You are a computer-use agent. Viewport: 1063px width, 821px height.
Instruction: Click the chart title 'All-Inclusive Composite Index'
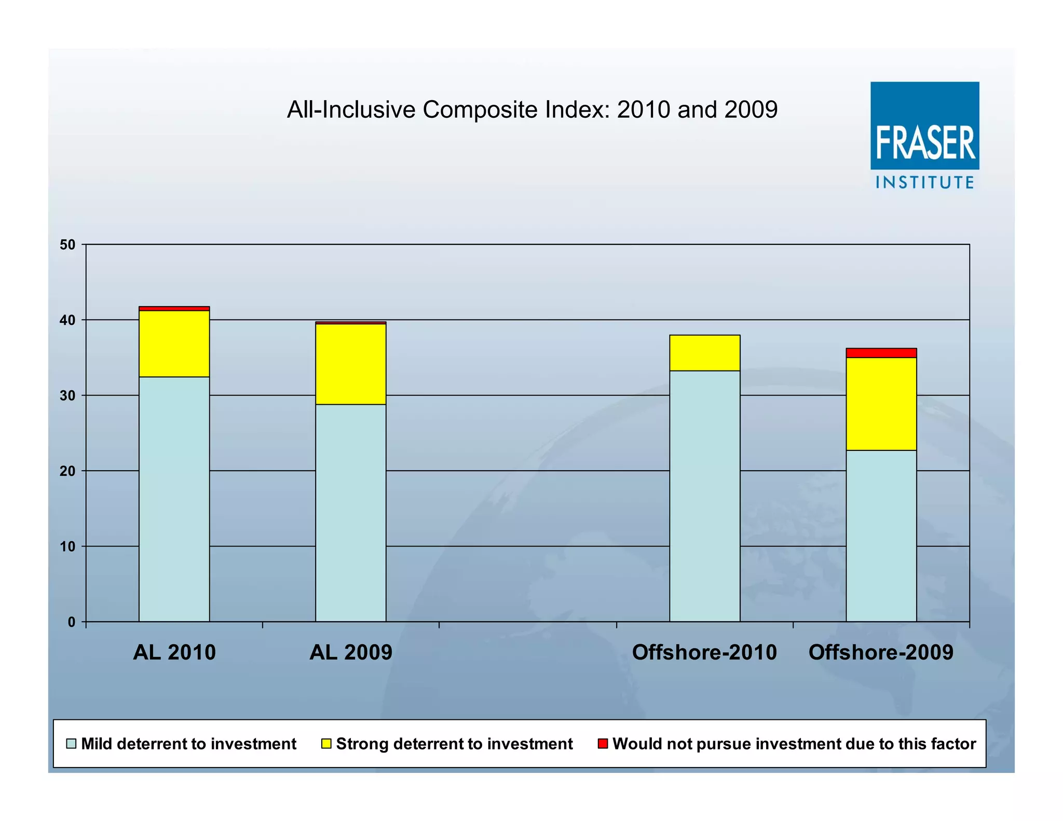[x=532, y=110]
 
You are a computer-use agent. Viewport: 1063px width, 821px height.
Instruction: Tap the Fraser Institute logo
[x=924, y=135]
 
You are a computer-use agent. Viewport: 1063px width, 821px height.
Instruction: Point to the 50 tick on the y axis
[x=67, y=244]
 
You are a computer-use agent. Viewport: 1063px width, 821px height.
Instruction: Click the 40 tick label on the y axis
[x=67, y=320]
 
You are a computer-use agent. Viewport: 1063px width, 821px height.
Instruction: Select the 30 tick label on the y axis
[x=67, y=395]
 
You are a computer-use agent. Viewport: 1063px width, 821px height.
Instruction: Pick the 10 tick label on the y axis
[x=67, y=546]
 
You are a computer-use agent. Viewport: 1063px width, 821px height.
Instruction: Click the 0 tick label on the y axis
[x=72, y=622]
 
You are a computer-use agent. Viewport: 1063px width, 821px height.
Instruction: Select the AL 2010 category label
[x=174, y=652]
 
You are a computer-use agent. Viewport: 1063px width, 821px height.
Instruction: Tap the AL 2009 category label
[x=351, y=652]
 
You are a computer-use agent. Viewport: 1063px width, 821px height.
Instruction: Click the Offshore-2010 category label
[x=704, y=652]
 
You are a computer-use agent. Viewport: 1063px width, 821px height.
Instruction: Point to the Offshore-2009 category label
[x=881, y=652]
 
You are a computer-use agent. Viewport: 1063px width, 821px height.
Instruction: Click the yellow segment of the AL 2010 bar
[x=174, y=344]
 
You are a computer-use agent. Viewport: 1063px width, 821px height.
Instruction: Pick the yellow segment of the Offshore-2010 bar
[x=704, y=353]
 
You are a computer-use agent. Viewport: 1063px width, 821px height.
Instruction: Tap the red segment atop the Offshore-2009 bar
[x=881, y=353]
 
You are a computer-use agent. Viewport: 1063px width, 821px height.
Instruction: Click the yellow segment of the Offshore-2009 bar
[x=881, y=404]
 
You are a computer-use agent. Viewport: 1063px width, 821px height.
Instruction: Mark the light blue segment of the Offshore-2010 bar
[x=704, y=496]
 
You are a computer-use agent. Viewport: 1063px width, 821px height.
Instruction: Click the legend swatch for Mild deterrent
[x=72, y=744]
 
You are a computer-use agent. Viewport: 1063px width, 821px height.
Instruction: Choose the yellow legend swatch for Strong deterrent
[x=326, y=744]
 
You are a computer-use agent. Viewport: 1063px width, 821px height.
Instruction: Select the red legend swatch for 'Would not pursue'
[x=603, y=744]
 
